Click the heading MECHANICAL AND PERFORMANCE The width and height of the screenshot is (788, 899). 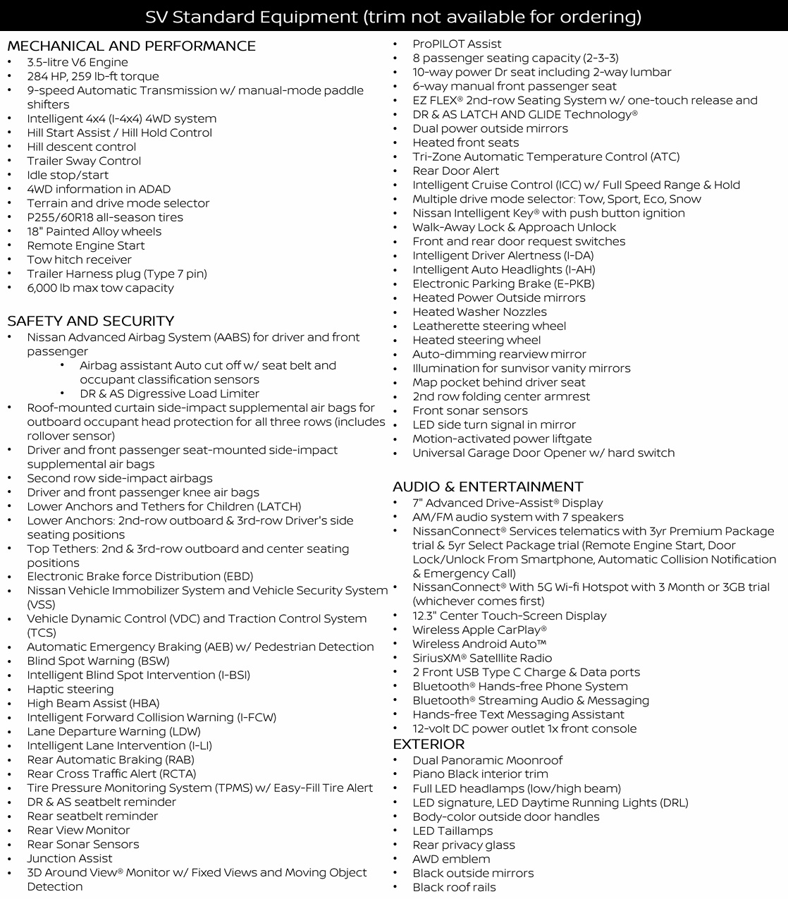[131, 47]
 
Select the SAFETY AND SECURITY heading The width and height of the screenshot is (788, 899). [90, 322]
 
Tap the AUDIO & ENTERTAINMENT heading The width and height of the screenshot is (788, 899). [488, 487]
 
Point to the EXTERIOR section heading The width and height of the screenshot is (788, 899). [429, 745]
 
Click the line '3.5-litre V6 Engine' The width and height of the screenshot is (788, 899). [78, 63]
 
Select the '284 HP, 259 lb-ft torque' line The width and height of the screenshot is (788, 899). [93, 77]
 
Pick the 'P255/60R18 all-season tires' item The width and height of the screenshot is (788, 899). [105, 218]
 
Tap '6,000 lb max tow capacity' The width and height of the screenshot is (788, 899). [100, 288]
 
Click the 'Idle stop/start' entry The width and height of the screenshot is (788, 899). [68, 176]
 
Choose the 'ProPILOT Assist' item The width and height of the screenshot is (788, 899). [457, 44]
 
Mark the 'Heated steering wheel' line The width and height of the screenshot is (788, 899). [476, 341]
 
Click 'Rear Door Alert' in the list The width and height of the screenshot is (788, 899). [455, 171]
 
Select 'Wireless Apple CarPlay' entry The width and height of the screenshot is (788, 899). [479, 630]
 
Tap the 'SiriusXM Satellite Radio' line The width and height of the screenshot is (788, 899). [482, 659]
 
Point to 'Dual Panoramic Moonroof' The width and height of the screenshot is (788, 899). [487, 761]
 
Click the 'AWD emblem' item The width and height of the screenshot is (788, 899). [451, 860]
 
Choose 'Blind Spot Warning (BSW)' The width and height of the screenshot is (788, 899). [98, 661]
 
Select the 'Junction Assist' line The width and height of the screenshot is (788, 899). [70, 859]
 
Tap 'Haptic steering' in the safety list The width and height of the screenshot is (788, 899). [70, 690]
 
